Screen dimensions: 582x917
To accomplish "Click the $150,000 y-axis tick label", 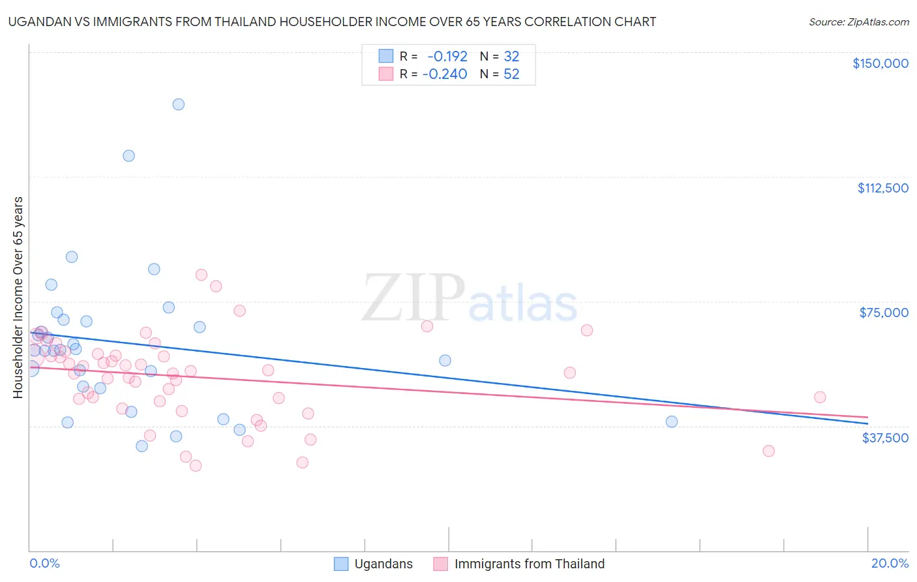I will [x=880, y=63].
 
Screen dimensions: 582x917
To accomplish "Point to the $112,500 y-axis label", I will [x=882, y=188].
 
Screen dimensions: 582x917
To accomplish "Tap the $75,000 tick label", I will [x=884, y=313].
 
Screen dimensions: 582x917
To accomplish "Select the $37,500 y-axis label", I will [x=885, y=438].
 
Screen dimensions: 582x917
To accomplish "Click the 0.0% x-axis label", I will [x=44, y=563].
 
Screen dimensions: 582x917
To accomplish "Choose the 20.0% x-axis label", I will [x=890, y=563].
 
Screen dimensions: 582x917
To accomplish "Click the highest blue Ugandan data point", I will [x=178, y=104].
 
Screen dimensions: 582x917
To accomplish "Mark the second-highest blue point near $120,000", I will [x=128, y=156].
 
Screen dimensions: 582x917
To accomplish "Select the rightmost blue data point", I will [x=672, y=421].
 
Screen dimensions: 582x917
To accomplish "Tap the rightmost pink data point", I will [x=820, y=397].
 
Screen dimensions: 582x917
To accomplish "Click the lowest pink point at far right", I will [x=768, y=451].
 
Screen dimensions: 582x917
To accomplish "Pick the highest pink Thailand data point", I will [x=201, y=275].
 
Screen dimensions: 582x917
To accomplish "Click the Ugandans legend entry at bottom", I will [x=383, y=564].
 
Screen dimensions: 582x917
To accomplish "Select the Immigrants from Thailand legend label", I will [x=529, y=564].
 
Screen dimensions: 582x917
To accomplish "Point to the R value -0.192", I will [x=447, y=57].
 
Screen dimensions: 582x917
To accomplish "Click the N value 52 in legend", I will [x=511, y=74].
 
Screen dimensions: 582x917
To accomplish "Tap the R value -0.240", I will [x=445, y=74].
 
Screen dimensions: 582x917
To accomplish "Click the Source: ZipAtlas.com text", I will [x=858, y=22].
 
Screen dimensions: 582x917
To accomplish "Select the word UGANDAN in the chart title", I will [x=36, y=22].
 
